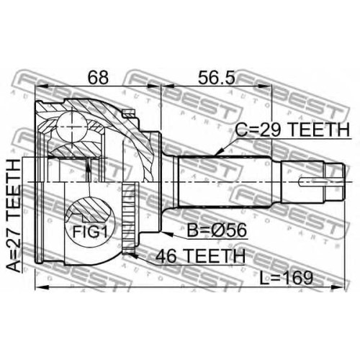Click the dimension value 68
point(98,77)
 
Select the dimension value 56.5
point(216,77)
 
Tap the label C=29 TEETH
point(292,130)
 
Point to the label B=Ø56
point(217,230)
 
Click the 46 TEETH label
point(200,256)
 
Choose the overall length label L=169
point(287,279)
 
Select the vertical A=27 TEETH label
point(14,215)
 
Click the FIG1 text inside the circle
point(90,232)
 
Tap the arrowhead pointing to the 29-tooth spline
point(219,152)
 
